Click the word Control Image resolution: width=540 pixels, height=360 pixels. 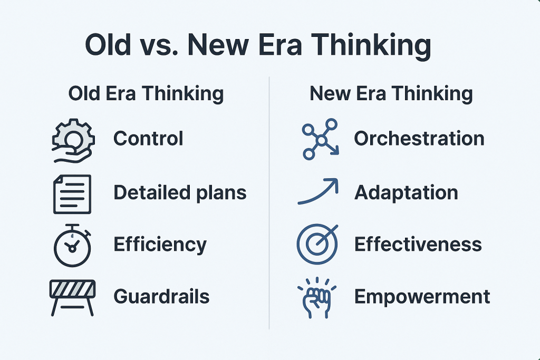coord(148,138)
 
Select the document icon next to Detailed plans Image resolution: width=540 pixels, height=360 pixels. coord(72,194)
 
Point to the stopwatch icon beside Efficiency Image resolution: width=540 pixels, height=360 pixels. coord(72,246)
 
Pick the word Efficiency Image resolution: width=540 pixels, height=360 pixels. coord(160,245)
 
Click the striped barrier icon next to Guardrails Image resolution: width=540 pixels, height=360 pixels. coord(72,298)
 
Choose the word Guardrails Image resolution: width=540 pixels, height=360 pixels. coord(161,296)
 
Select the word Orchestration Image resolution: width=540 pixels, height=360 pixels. coord(419,138)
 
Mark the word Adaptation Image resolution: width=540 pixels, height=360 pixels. coord(406,193)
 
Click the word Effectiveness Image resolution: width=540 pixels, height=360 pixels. coord(418,245)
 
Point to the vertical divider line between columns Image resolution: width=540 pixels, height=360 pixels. coord(269,203)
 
